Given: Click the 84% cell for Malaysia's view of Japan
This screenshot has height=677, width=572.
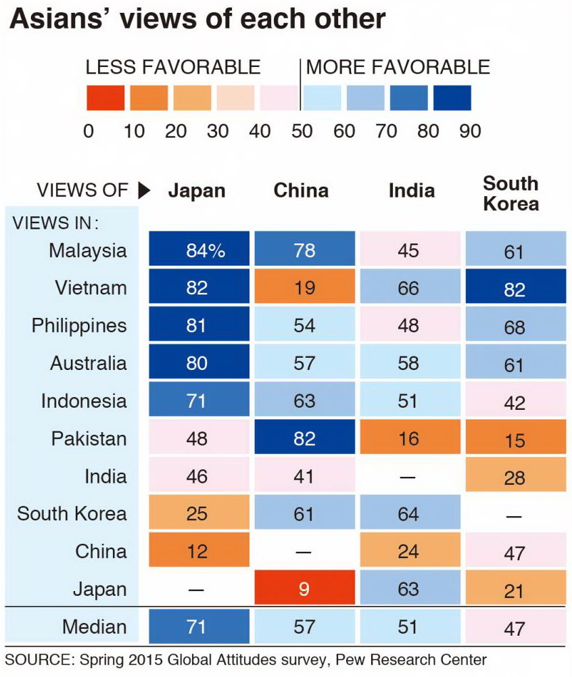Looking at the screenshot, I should point(199,250).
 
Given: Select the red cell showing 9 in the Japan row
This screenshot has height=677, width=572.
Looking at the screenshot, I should point(304,589).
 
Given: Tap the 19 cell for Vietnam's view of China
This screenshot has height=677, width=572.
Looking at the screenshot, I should point(304,288).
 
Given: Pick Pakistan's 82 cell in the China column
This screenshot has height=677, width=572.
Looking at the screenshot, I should point(304,438).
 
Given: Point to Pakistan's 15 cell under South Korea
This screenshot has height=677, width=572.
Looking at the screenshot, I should point(515,440).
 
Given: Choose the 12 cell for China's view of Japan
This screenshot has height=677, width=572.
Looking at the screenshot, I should point(199,551).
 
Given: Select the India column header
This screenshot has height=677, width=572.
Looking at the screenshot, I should point(411,191).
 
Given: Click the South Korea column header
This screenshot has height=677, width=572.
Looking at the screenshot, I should point(511,193).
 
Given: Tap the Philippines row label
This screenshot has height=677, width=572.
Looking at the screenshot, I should point(79,325).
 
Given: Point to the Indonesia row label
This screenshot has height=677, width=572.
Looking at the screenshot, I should point(84,400).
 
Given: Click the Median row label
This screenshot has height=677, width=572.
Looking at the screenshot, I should point(94,627).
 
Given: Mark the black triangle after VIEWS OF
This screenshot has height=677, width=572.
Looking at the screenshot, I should point(143,191).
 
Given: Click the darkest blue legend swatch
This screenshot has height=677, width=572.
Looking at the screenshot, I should point(452,98).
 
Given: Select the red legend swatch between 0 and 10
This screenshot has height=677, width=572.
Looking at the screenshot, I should point(105,98).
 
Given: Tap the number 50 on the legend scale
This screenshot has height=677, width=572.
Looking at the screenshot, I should point(302,131).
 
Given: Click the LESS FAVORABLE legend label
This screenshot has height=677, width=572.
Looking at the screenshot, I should point(173,67).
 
